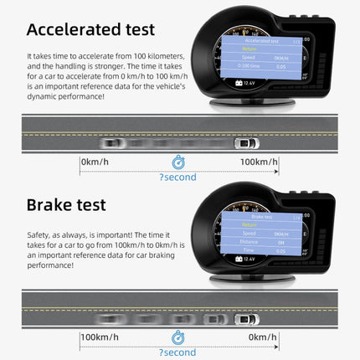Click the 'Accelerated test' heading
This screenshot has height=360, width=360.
coord(90,29)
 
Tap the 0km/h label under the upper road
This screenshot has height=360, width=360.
coord(99,161)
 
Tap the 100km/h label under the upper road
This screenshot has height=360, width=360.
coord(259,161)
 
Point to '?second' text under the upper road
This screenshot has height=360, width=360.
coord(178,177)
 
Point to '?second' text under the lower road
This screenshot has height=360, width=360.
coord(178,352)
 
